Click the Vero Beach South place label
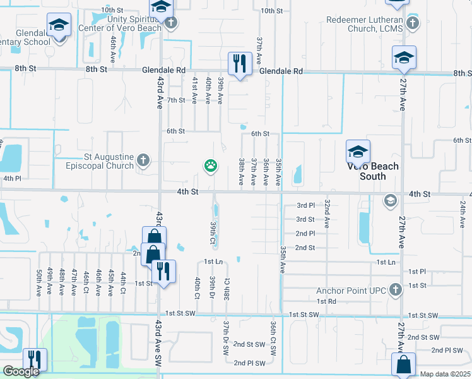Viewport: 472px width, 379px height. tap(373, 171)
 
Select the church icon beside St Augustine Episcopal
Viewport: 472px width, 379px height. tap(143, 160)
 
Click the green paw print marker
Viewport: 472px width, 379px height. tap(210, 166)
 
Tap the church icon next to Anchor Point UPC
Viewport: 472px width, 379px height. tap(395, 290)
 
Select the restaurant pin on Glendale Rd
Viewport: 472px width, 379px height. tap(238, 63)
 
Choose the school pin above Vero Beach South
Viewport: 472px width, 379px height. tap(358, 152)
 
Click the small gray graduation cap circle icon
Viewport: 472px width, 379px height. tap(390, 201)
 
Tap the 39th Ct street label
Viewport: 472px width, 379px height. tap(213, 233)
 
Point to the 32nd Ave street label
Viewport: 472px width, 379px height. tap(327, 214)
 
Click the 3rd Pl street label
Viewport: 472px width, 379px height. tap(305, 205)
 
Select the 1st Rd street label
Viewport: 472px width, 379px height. tap(326, 302)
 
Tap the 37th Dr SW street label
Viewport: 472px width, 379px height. tap(225, 334)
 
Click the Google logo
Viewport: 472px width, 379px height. tap(21, 371)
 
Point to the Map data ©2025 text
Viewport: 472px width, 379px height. tap(445, 374)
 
